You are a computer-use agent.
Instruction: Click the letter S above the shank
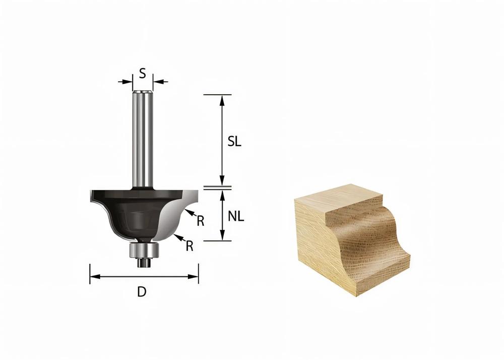143,74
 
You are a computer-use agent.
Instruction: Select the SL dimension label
234,142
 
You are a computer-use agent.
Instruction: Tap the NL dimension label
235,217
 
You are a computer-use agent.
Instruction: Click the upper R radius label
200,221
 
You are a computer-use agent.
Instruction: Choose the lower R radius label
190,246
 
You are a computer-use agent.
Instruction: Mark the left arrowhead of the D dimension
93,276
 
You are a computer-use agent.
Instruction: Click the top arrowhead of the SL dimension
221,98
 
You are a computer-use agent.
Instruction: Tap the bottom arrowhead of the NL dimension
221,237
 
